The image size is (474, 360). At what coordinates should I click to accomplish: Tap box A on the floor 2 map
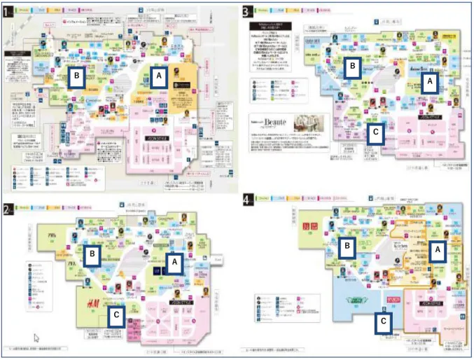(174, 262)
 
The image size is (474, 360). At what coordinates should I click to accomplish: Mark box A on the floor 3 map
(429, 82)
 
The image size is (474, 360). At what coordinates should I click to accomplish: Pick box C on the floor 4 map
(382, 322)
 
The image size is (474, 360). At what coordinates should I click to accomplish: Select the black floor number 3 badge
(246, 11)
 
